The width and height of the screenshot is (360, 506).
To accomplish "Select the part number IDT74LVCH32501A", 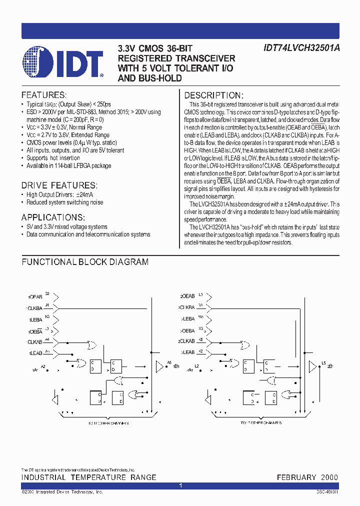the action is (x=301, y=49).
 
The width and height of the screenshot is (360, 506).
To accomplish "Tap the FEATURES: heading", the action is (x=43, y=95).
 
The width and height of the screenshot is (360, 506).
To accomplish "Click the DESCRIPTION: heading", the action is (x=214, y=95).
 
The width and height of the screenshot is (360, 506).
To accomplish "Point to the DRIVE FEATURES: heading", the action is (x=59, y=185).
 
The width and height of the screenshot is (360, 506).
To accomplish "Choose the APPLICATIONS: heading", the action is (x=53, y=217).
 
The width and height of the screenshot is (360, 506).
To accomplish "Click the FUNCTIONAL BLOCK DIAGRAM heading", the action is (x=85, y=261).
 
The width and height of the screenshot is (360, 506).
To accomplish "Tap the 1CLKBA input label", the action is (x=35, y=307).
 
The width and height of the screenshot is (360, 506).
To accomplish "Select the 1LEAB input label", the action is (x=34, y=353).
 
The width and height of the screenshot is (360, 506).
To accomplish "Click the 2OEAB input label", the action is (x=186, y=295).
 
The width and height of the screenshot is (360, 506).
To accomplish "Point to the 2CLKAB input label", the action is (x=186, y=341).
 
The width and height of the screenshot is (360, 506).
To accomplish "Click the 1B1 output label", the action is (x=176, y=366).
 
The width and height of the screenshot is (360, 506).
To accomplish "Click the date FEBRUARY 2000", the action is (x=307, y=477).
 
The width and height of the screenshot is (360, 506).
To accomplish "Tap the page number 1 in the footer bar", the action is (x=180, y=485).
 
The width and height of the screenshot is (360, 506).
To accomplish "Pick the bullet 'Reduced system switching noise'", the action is (x=65, y=202).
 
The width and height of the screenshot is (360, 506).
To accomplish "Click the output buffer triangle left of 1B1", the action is (x=159, y=366).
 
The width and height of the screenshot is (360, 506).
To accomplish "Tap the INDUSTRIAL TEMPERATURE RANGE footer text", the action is (x=88, y=477).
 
